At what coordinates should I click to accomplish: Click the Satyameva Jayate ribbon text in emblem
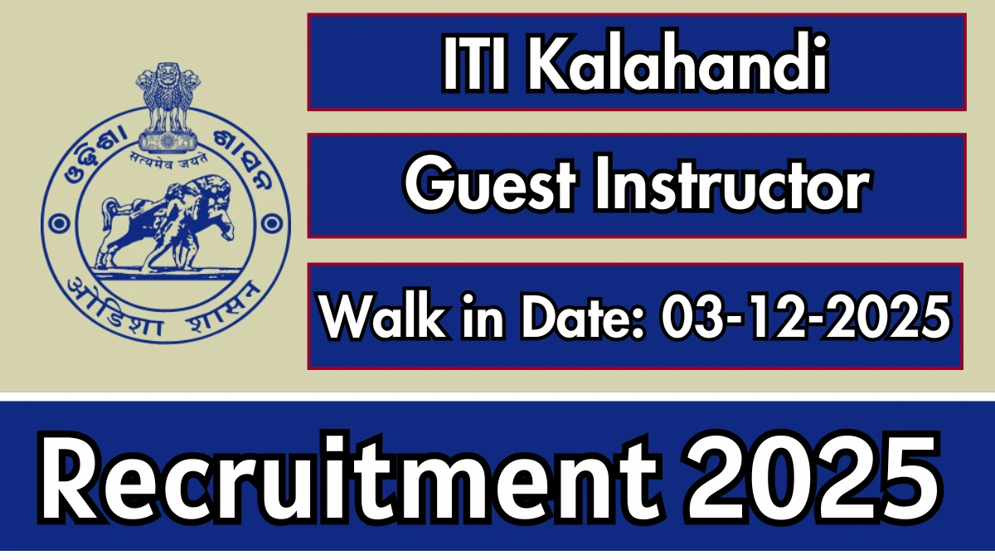pyautogui.click(x=166, y=153)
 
